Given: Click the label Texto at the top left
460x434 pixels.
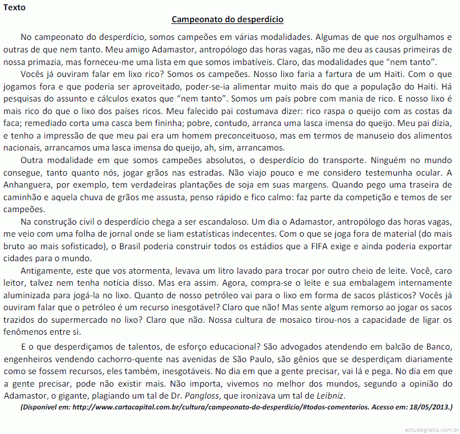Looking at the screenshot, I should coord(14,7).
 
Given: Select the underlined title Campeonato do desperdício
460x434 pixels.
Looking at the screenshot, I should coord(227,19).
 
